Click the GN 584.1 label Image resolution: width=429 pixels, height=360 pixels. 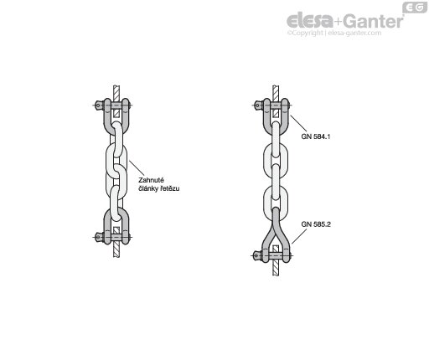(x=316, y=136)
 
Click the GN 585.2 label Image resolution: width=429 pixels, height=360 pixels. (x=316, y=224)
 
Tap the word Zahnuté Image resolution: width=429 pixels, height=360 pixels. (x=151, y=180)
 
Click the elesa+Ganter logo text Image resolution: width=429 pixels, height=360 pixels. (x=345, y=21)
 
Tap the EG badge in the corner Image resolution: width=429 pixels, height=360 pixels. (x=415, y=8)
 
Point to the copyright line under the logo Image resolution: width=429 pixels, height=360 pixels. (x=334, y=33)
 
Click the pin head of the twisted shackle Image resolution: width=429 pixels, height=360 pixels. (x=256, y=255)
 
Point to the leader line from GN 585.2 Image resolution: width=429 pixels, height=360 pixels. (x=299, y=237)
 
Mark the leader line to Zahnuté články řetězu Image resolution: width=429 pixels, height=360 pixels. (x=137, y=168)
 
